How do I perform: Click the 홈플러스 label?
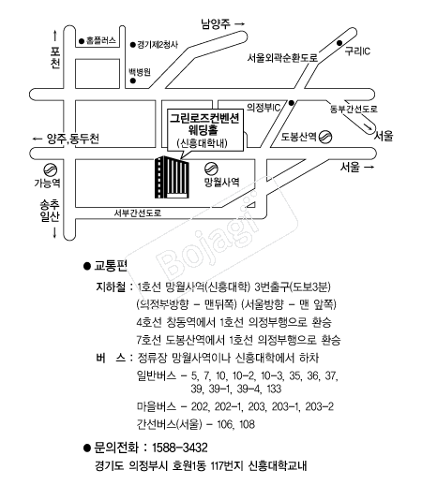point(101,40)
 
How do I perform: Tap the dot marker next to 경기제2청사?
point(133,45)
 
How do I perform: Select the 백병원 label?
point(140,72)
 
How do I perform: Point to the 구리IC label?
point(357,51)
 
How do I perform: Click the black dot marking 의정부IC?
point(292,103)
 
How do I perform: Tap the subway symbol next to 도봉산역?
point(325,137)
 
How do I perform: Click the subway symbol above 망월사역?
point(211,169)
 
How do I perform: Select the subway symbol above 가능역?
point(50,170)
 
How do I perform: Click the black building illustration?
point(172,177)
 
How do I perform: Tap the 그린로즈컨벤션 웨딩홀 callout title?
point(204,124)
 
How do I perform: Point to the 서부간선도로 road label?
point(137,213)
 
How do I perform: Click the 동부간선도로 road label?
point(354,109)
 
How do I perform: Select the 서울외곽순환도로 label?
point(282,58)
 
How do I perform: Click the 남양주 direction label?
point(216,23)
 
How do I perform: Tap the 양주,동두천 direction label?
point(73,139)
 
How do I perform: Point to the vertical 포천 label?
point(55,58)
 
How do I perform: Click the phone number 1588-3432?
point(180,448)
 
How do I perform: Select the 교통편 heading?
point(111,266)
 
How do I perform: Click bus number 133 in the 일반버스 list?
point(274,389)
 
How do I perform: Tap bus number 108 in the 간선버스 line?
point(247,424)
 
